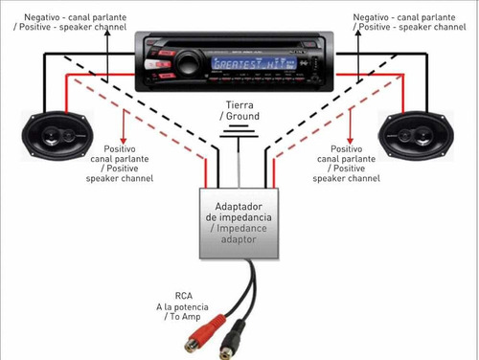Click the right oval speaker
[415, 136]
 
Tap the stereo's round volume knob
[188, 63]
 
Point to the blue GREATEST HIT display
[253, 63]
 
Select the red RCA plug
[205, 333]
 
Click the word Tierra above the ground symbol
[239, 105]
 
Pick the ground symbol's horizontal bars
[239, 131]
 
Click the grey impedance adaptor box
[239, 223]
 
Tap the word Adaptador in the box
[239, 207]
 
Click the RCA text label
[184, 296]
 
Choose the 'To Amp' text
[185, 317]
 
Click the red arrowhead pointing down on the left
[124, 141]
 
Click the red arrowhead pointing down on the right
[351, 141]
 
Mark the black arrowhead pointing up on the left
[107, 33]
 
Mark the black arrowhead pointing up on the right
[358, 33]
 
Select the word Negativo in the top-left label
[42, 17]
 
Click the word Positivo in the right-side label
[347, 149]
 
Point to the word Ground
[242, 116]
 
